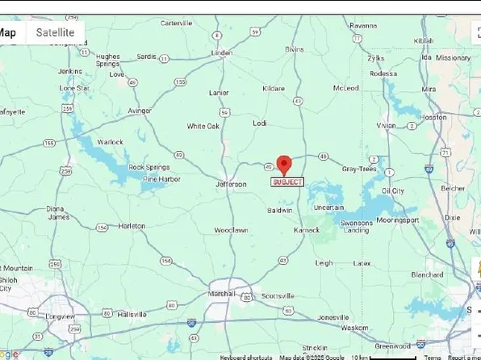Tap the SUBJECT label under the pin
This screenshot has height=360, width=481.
click(x=287, y=182)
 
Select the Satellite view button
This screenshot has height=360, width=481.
click(x=55, y=32)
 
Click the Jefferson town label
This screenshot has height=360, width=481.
click(x=230, y=184)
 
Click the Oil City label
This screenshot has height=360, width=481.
click(x=392, y=190)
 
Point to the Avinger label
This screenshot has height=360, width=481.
click(x=139, y=110)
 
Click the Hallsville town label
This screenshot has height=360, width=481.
click(x=132, y=314)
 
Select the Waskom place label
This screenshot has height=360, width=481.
click(x=355, y=328)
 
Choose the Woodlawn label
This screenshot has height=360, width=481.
click(x=230, y=230)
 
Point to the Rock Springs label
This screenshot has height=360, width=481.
click(x=149, y=167)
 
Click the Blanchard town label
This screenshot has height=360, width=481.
click(x=427, y=274)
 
